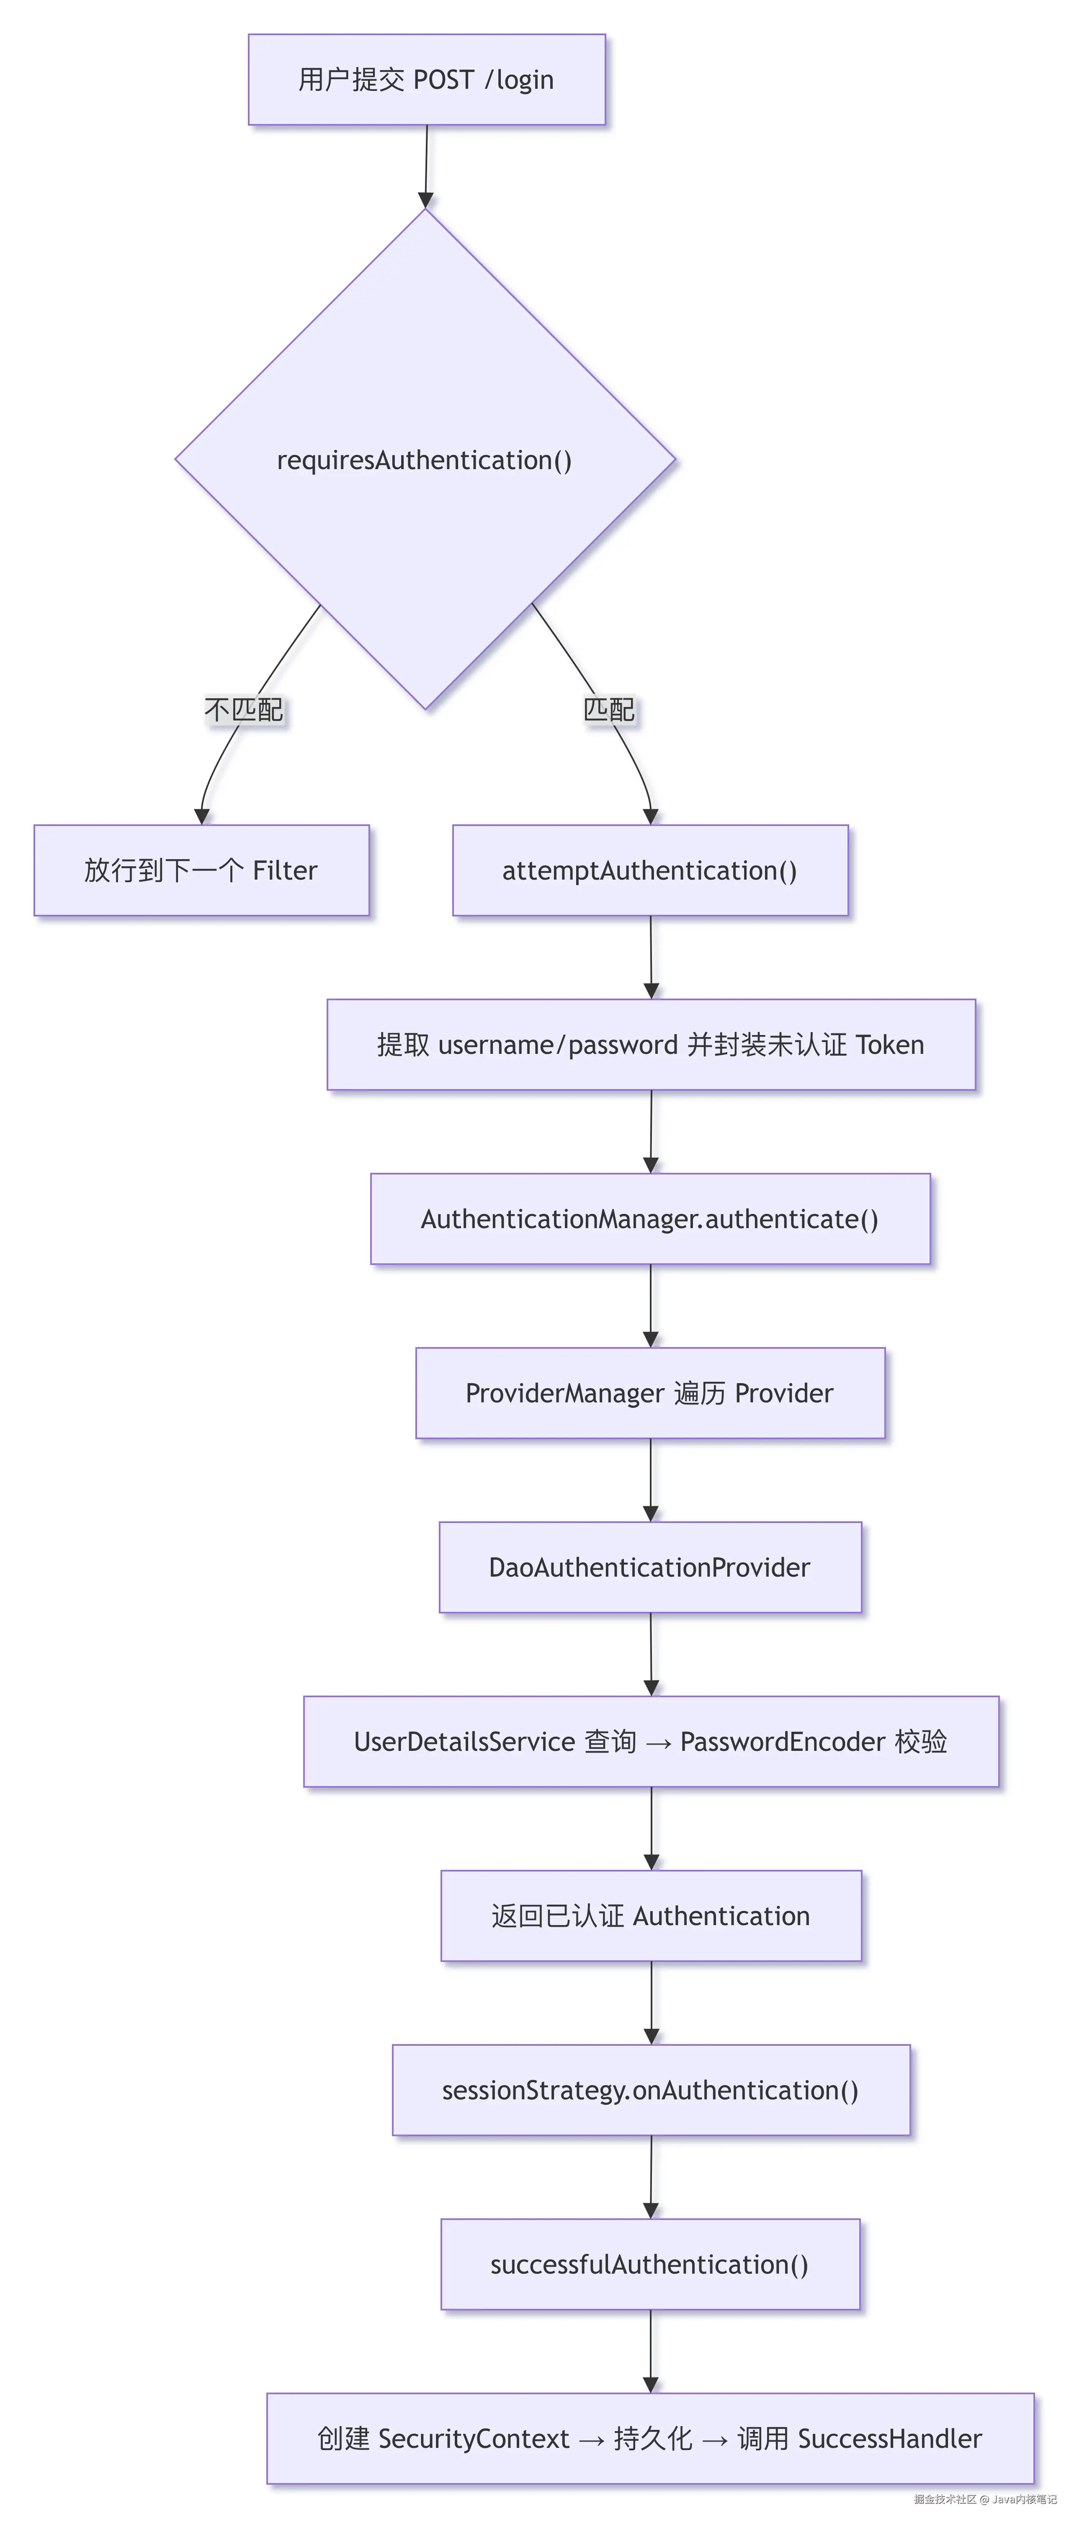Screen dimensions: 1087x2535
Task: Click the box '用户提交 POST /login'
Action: point(426,80)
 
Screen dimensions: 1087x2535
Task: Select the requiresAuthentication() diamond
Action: point(425,460)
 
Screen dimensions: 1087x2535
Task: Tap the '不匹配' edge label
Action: point(243,710)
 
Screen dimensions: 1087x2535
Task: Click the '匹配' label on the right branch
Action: point(609,710)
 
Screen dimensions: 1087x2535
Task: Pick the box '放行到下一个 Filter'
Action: point(202,870)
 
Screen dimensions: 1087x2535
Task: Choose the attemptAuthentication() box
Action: point(650,870)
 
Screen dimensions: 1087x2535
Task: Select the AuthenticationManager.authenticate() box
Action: point(650,1218)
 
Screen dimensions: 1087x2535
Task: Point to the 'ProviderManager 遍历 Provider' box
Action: point(650,1392)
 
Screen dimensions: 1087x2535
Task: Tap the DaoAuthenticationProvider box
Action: point(650,1567)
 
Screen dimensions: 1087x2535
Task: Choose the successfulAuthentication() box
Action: point(650,2264)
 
